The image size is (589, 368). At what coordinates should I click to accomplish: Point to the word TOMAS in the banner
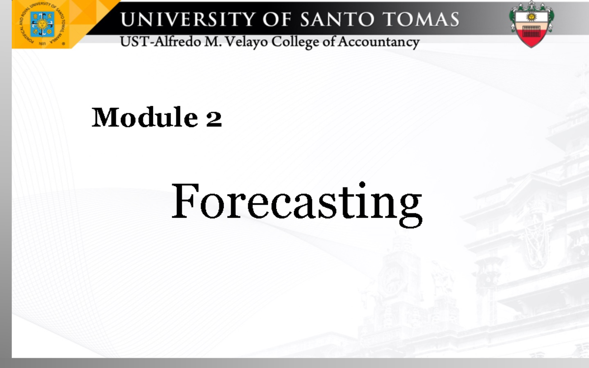click(421, 20)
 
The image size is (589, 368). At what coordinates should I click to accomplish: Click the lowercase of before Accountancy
click(328, 42)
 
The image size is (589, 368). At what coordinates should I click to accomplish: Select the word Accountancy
click(378, 42)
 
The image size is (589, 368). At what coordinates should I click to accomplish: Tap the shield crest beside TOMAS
click(531, 24)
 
